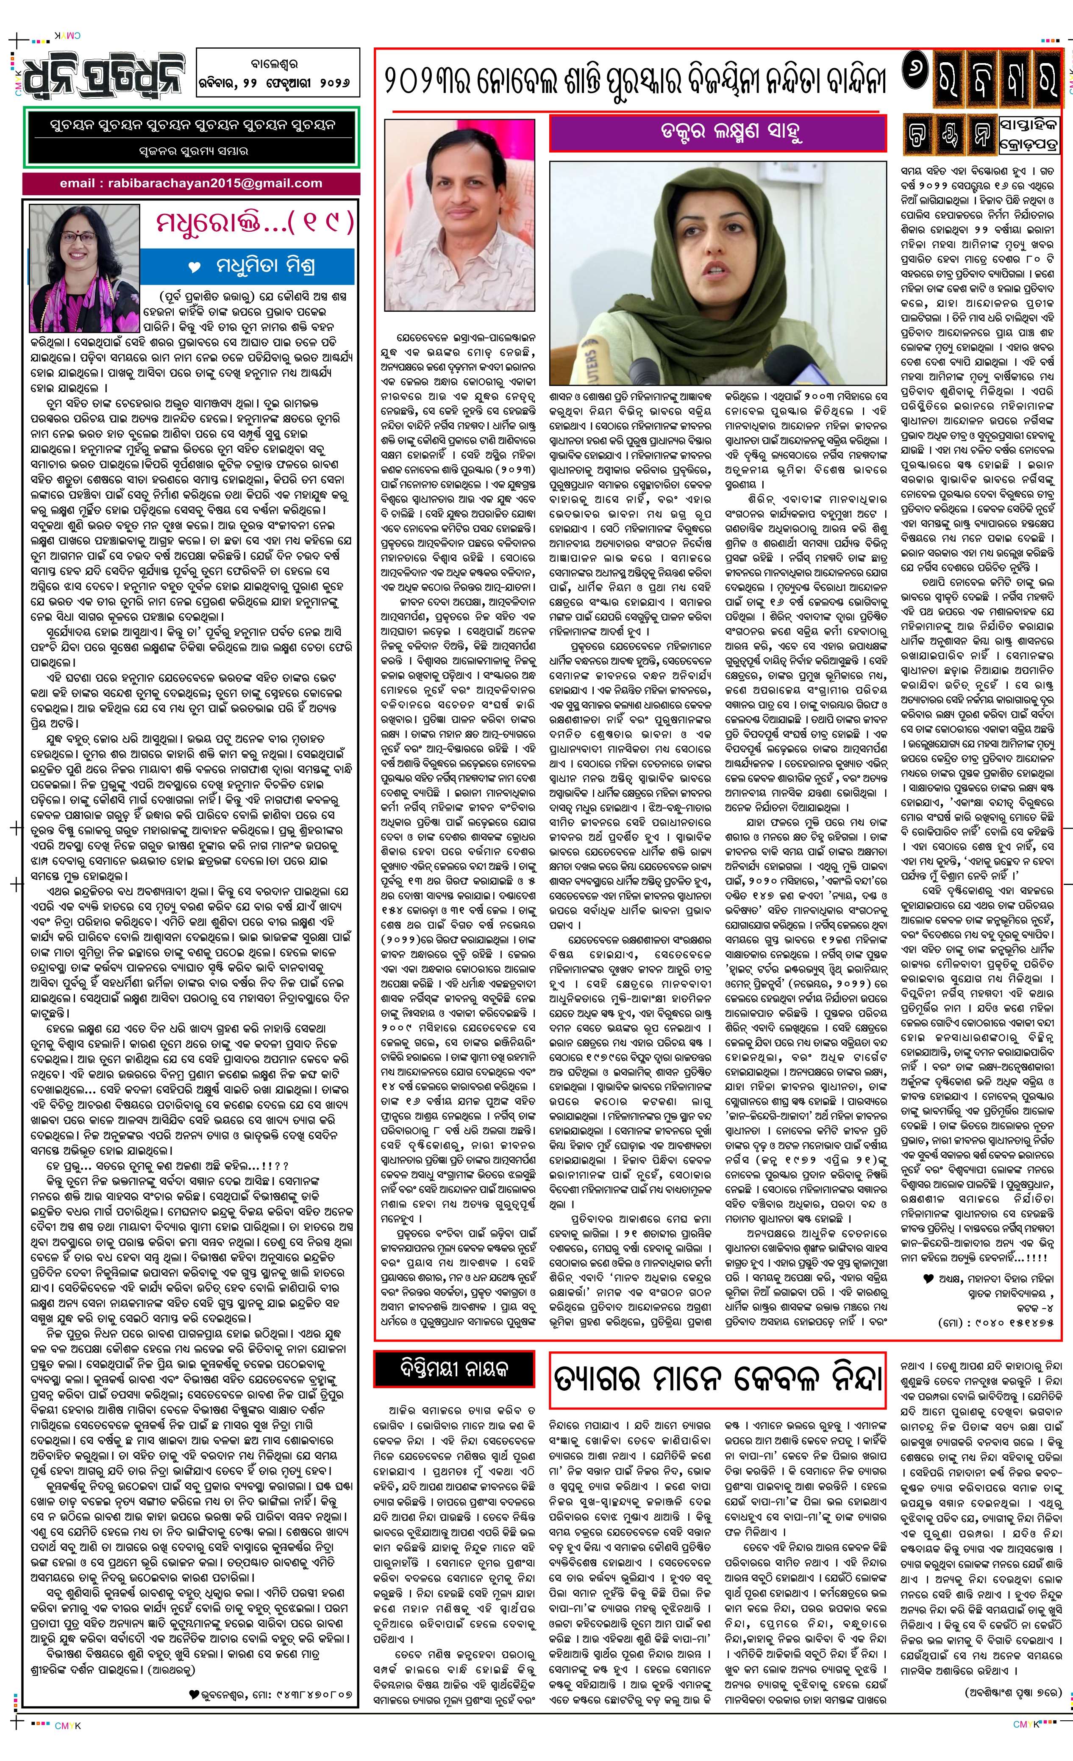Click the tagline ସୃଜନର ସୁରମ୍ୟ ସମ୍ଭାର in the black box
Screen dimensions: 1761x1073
pyautogui.click(x=193, y=152)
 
